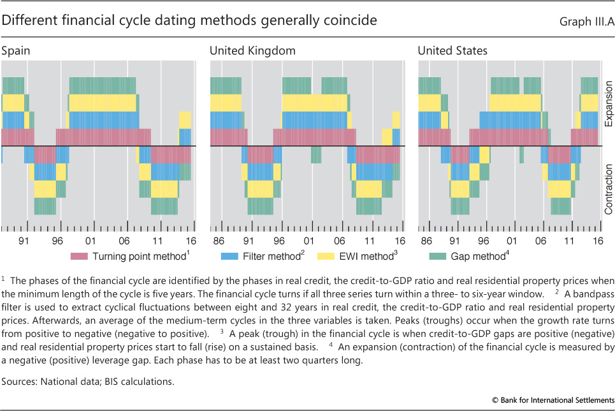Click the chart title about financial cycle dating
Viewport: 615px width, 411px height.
click(x=189, y=20)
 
